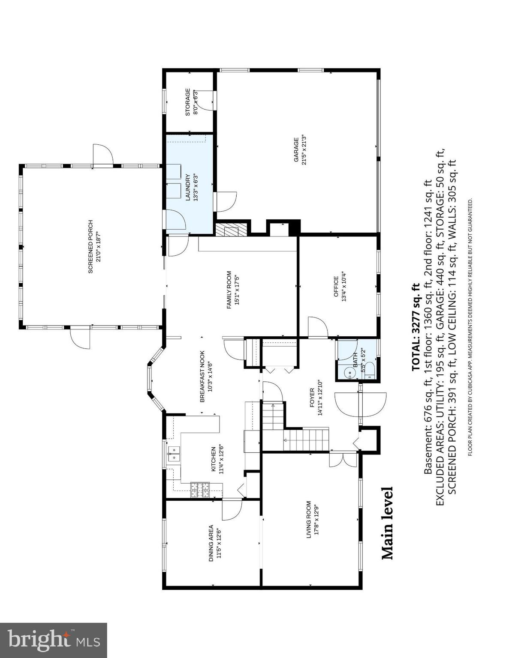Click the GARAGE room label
(296, 150)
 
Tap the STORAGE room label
(188, 102)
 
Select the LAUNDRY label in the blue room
(188, 188)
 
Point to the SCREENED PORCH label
(90, 247)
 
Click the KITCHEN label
(214, 459)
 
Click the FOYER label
(312, 398)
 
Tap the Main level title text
(387, 523)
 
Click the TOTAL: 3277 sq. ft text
(415, 326)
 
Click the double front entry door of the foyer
(361, 404)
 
